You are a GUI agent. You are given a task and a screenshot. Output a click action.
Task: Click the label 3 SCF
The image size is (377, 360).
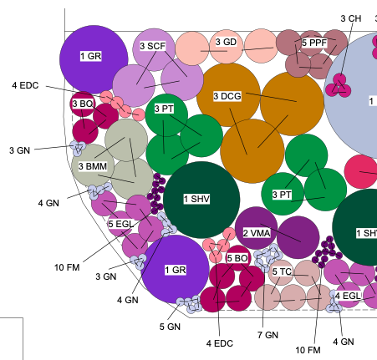(x=153, y=46)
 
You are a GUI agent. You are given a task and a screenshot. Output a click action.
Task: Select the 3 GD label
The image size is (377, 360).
(x=226, y=42)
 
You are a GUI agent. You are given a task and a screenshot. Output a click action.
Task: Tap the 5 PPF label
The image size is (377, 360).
(x=314, y=43)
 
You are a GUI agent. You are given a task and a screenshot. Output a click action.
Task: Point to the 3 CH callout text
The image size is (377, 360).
(x=351, y=18)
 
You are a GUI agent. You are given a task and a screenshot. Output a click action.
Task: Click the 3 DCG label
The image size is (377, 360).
(x=227, y=96)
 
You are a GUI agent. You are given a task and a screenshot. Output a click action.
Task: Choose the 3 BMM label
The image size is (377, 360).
(x=93, y=166)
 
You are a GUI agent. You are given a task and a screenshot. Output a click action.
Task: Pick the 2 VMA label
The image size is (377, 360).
(x=257, y=233)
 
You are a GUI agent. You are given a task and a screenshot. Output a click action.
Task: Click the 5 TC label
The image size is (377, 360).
(x=282, y=271)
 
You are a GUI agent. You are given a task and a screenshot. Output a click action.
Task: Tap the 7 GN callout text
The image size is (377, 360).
(x=267, y=335)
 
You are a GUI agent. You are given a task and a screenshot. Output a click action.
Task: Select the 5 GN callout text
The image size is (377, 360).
(x=170, y=327)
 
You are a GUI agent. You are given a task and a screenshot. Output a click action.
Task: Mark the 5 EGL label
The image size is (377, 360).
(x=121, y=224)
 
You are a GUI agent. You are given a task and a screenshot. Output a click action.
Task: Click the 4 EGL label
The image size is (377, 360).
(x=348, y=296)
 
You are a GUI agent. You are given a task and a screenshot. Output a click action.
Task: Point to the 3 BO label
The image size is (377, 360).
(x=83, y=104)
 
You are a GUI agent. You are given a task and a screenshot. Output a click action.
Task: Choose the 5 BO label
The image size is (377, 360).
(x=237, y=258)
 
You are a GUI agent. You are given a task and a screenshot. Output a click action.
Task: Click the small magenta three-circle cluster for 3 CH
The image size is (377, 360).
(x=338, y=86)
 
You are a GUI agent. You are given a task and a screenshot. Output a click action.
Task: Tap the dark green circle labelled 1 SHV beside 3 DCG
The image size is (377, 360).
(x=201, y=200)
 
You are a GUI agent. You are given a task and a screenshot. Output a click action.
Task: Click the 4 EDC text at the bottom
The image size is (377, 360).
(x=220, y=343)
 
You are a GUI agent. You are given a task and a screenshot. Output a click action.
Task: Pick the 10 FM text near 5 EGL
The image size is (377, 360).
(x=67, y=267)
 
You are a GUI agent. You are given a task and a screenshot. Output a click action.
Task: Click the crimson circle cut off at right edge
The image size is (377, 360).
(x=361, y=172)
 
